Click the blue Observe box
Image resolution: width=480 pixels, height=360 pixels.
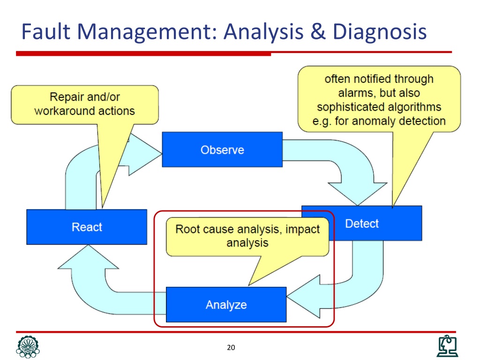222,150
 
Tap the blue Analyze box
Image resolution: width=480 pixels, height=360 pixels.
226,305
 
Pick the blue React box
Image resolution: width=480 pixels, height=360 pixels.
87,227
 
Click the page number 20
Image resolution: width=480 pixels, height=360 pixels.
231,347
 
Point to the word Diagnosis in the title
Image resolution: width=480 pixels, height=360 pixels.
380,32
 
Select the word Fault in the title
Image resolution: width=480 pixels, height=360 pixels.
46,31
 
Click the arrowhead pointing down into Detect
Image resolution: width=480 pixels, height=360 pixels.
358,193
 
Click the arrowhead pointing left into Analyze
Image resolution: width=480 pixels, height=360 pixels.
304,296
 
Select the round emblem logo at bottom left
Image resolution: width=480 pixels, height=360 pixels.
28,347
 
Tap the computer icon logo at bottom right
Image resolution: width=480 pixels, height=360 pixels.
447,346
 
